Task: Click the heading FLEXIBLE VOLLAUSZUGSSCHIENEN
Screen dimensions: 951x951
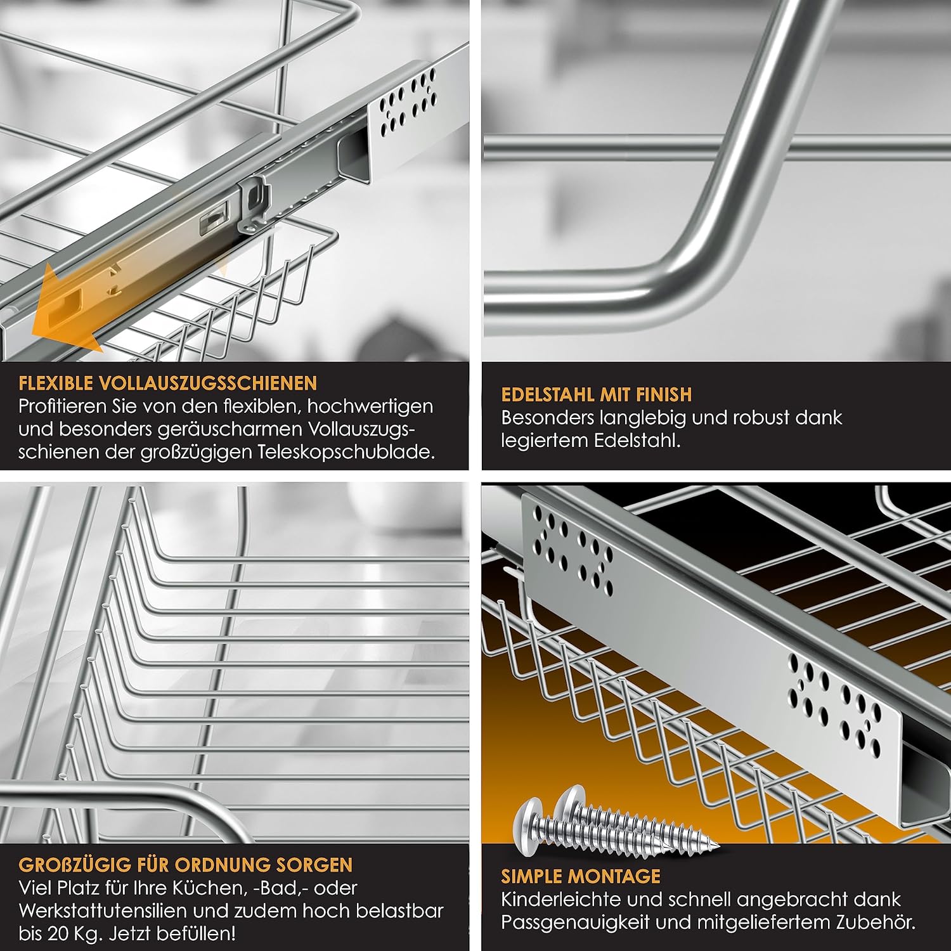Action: pyautogui.click(x=167, y=383)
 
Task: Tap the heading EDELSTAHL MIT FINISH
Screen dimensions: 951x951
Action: pyautogui.click(x=596, y=394)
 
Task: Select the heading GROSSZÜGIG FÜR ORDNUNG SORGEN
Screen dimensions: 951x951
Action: pyautogui.click(x=185, y=865)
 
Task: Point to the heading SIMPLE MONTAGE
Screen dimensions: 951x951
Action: pyautogui.click(x=581, y=876)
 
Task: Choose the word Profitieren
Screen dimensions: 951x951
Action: pyautogui.click(x=61, y=406)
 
